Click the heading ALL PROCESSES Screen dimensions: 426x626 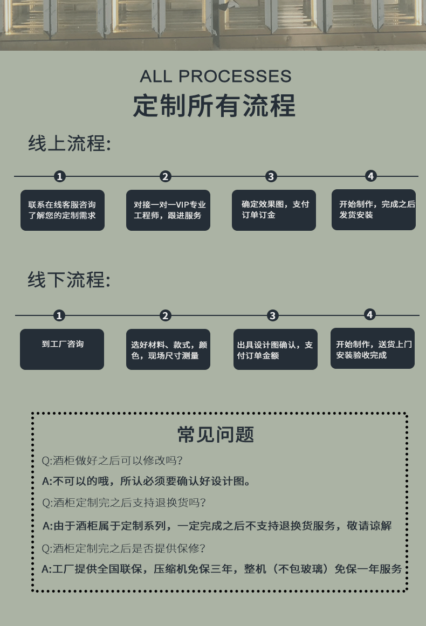pos(215,76)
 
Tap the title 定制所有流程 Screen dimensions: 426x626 pos(214,105)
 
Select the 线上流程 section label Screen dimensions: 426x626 pos(70,144)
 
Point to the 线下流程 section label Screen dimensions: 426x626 pos(70,280)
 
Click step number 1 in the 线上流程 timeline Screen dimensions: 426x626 pos(60,176)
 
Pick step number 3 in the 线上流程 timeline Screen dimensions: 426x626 pos(271,176)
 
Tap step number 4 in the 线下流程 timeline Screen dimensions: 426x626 pos(370,314)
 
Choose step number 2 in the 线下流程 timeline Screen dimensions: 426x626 pos(166,316)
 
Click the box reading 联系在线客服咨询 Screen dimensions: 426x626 pos(63,210)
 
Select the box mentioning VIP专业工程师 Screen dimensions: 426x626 pos(168,210)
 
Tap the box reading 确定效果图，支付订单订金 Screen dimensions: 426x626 pos(274,210)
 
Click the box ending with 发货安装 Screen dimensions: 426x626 pos(374,210)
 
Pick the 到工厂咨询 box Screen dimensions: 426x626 pos(62,349)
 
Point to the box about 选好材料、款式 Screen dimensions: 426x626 pos(168,350)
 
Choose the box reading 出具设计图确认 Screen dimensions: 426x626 pos(275,350)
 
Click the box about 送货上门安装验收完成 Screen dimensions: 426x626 pos(373,349)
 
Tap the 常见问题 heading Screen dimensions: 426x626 pos(216,435)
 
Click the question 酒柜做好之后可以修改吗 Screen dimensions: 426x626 pos(113,461)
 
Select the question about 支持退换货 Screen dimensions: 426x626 pos(124,503)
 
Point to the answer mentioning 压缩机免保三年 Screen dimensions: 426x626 pos(222,569)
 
